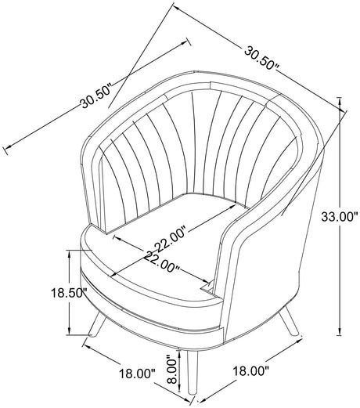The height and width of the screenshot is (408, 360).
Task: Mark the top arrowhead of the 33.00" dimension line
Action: [340, 100]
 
